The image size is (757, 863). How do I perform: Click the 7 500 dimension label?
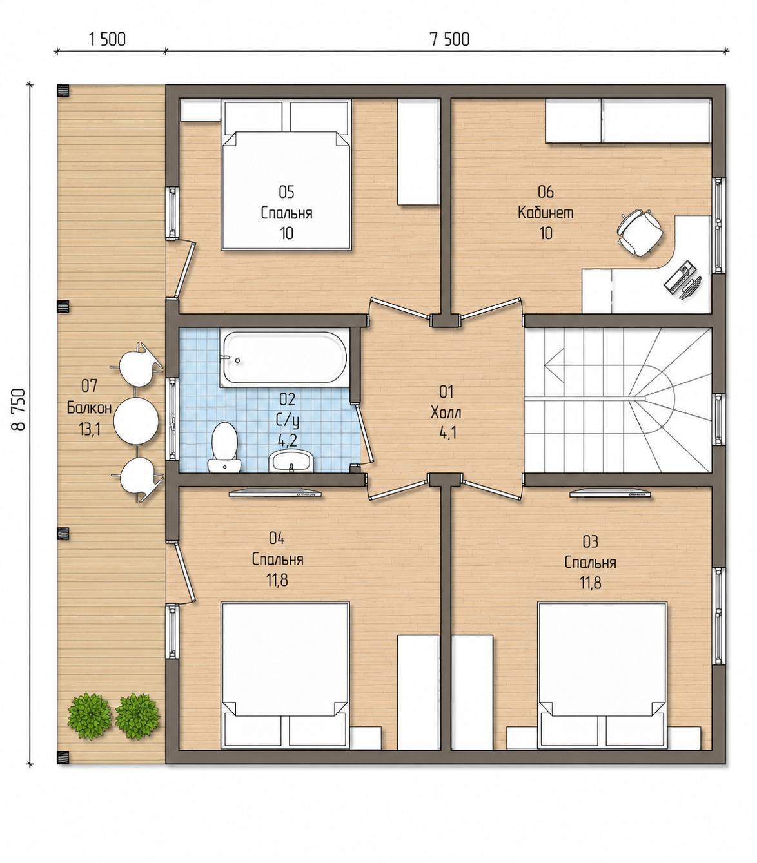(449, 39)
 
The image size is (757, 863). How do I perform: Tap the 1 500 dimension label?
(107, 39)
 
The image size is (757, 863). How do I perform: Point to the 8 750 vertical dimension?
(19, 409)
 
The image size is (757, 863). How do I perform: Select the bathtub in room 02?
(284, 358)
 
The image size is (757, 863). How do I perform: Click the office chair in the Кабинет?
(640, 232)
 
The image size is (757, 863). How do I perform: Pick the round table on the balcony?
(136, 421)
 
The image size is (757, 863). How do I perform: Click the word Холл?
(446, 412)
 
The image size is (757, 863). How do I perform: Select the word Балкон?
(90, 407)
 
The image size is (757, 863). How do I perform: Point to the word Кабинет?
(546, 212)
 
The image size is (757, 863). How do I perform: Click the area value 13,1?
(90, 429)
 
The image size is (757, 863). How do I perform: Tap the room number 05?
(286, 192)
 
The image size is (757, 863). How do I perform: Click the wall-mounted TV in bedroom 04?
(275, 493)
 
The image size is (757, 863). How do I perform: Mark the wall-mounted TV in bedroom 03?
(610, 493)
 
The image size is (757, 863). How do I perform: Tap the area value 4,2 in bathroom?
(288, 440)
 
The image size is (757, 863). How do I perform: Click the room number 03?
(591, 542)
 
